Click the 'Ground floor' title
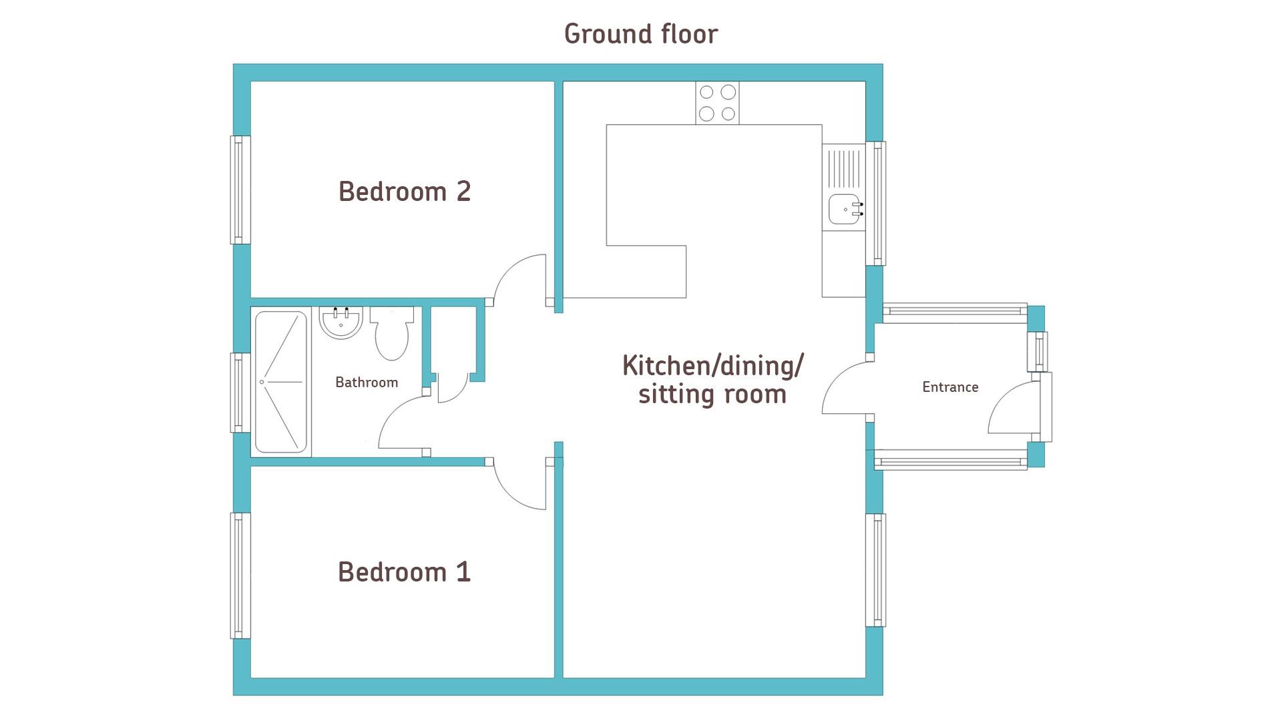[x=641, y=34]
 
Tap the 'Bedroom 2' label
[x=405, y=192]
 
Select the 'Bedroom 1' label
[x=405, y=572]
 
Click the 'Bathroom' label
[x=367, y=383]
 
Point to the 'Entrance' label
[x=950, y=387]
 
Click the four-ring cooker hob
[x=717, y=103]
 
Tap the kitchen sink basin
[x=845, y=209]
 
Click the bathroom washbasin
[x=341, y=322]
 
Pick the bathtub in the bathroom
[x=281, y=382]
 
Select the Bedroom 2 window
[x=240, y=190]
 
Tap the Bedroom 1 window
[x=240, y=575]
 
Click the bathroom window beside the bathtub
[x=240, y=393]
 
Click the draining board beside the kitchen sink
[x=845, y=168]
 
